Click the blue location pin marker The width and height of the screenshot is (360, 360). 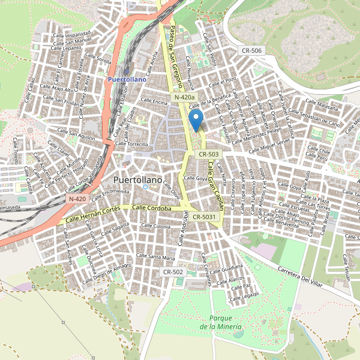click(196, 120)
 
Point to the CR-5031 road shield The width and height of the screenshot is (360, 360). click(205, 217)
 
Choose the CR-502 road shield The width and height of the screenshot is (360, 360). click(173, 272)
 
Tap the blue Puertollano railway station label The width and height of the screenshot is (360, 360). click(127, 79)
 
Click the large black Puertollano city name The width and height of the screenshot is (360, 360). click(137, 179)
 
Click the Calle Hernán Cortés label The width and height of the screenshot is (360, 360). click(94, 214)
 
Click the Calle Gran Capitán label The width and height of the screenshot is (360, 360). click(215, 185)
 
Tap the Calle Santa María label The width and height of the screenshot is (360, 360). click(155, 257)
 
